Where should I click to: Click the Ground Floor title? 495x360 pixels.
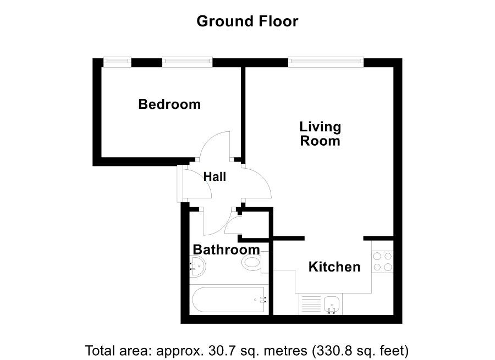pos(247,21)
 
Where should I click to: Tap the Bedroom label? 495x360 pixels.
pos(169,104)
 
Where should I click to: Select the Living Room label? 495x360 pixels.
pos(320,134)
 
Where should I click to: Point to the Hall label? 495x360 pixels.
pos(215,176)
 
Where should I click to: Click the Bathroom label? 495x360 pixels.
pos(227,250)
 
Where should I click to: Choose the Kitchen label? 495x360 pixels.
pos(334,267)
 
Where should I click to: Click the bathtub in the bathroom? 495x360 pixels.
pos(228,300)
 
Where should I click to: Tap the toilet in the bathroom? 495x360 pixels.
pos(255,263)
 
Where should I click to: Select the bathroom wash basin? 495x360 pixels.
pos(197,265)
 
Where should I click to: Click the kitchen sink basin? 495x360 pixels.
pos(332,304)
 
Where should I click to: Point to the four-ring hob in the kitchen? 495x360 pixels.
pos(383,262)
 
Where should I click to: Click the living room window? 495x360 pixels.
pos(326,62)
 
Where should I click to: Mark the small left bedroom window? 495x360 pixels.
pos(118,62)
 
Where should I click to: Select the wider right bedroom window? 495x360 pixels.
pos(188,62)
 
